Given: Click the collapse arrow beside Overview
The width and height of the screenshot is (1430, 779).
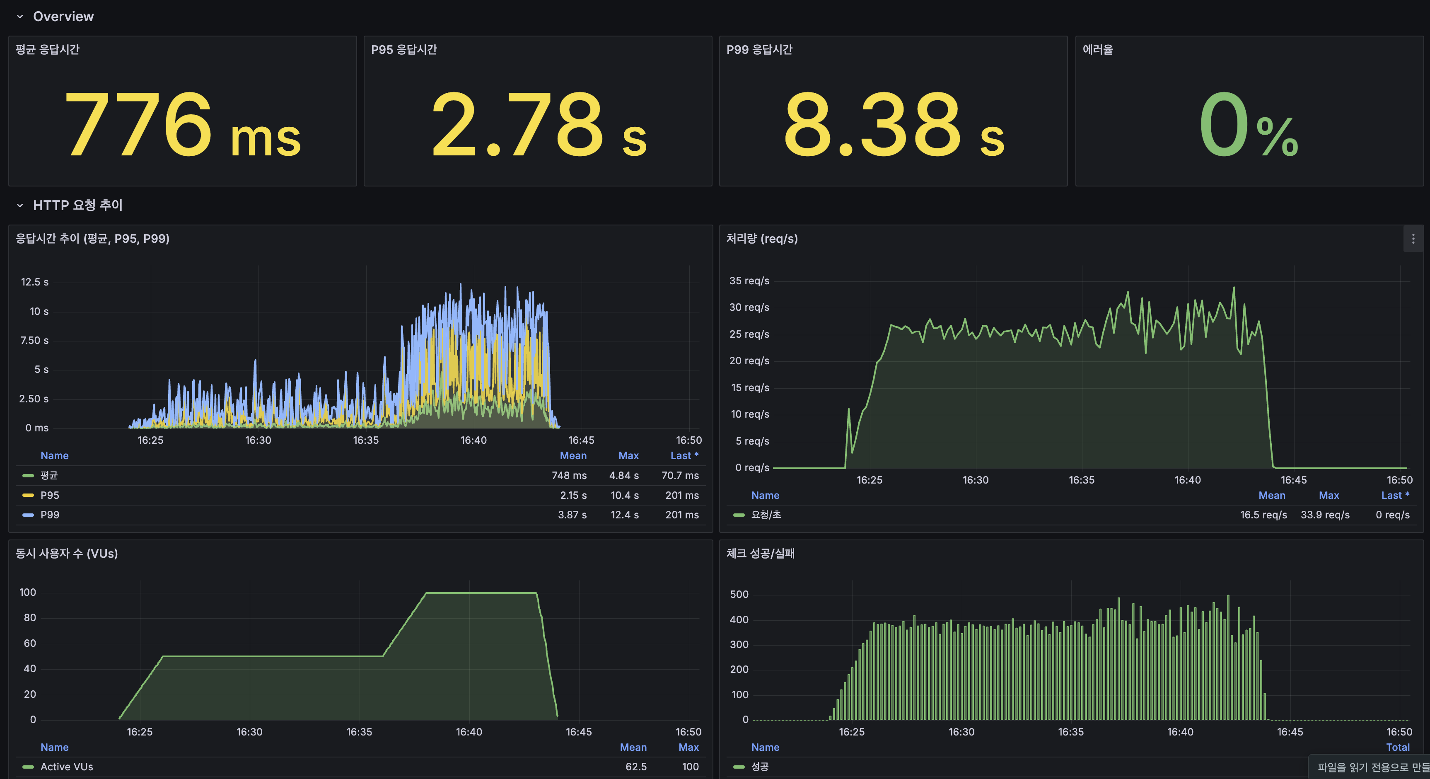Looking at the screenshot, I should (x=20, y=17).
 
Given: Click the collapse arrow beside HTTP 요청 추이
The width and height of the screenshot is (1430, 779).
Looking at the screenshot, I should (x=20, y=206).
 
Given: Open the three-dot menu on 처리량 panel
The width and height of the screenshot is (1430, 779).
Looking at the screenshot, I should (x=1413, y=239).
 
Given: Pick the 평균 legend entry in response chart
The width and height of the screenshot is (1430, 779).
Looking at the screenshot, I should (x=49, y=475).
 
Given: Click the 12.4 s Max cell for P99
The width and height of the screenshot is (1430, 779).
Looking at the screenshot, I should (x=625, y=515).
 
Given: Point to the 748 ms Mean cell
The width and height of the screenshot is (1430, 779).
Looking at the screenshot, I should (x=569, y=475).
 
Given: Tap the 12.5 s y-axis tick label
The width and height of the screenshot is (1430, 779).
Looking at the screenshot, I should (x=34, y=282).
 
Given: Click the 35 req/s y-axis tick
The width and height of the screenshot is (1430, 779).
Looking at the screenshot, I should (x=749, y=281).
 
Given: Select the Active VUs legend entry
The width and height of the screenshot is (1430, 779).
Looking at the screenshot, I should (x=67, y=767).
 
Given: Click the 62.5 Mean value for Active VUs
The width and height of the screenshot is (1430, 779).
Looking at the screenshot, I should (x=635, y=767).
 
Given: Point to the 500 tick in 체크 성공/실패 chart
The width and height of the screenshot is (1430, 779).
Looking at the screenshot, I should (x=739, y=595).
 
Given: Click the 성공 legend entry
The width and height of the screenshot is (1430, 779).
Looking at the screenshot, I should (x=759, y=767).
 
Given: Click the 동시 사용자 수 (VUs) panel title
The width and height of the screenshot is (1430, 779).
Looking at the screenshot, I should (x=67, y=554).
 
